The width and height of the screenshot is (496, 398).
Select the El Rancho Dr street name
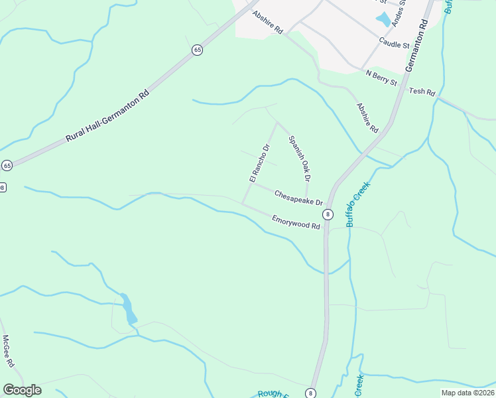259,163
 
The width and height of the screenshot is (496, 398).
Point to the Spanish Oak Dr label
299,159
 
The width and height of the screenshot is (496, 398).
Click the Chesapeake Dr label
298,198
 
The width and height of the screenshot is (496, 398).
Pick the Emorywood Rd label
296,222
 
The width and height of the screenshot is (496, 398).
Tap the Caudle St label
395,44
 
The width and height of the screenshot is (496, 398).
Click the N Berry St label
381,78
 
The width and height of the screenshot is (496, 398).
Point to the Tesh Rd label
422,92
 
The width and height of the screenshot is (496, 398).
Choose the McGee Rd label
8,352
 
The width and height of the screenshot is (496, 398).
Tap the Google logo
22,390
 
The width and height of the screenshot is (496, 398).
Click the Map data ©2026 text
467,393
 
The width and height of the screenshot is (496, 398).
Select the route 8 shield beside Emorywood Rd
328,214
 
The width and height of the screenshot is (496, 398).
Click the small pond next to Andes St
383,20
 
